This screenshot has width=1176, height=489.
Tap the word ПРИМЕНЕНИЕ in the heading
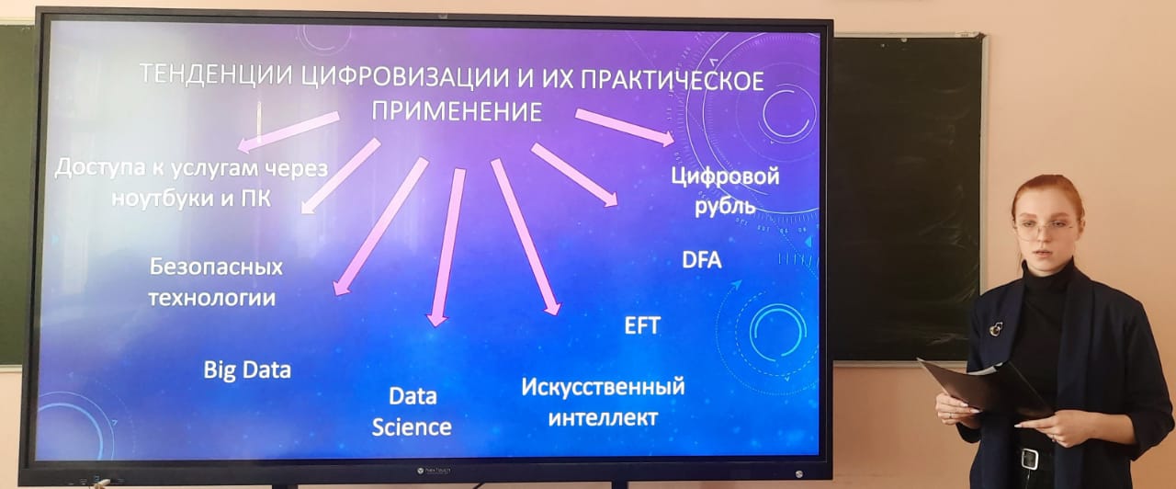click(x=457, y=111)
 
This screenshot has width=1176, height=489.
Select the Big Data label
click(x=247, y=370)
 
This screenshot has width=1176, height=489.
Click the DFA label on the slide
click(x=701, y=260)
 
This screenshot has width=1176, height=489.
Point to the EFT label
click(x=641, y=325)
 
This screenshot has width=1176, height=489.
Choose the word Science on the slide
click(x=412, y=427)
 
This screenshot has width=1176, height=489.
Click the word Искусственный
click(x=603, y=387)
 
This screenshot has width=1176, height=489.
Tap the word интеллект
click(x=603, y=418)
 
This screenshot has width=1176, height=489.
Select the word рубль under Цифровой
click(x=725, y=206)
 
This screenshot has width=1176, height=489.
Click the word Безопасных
click(x=216, y=267)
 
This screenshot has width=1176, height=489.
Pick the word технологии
click(x=212, y=298)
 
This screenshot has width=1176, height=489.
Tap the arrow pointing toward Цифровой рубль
click(x=625, y=127)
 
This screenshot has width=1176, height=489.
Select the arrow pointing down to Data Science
click(x=446, y=247)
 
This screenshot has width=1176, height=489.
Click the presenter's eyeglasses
click(x=1042, y=229)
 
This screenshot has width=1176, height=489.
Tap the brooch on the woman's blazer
click(x=995, y=328)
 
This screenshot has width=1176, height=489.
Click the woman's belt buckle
click(x=1030, y=459)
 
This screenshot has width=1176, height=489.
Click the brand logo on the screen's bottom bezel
click(x=434, y=472)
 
